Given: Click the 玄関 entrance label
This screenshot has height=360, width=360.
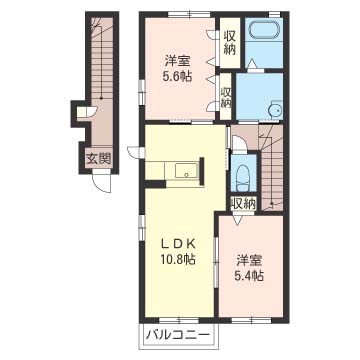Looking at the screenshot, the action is click(98, 159).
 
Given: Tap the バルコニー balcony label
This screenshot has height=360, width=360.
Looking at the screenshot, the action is click(178, 334).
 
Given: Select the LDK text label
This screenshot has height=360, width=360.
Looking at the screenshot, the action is click(178, 244).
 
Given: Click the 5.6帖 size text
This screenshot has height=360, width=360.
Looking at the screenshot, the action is click(178, 76).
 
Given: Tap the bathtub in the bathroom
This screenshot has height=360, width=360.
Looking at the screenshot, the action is click(264, 30).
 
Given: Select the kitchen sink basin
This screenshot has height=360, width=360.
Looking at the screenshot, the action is click(186, 171).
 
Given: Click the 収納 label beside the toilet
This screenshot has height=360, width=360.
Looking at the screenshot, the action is click(244, 204).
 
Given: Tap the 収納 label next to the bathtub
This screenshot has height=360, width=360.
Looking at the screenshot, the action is click(230, 42).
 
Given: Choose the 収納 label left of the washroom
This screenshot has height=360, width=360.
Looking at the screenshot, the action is click(226, 97).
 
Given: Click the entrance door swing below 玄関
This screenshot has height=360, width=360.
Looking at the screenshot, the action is click(103, 183).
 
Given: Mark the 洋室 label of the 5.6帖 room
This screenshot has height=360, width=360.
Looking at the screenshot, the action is click(178, 61).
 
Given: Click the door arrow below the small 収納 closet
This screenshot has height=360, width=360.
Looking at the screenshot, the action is click(239, 220).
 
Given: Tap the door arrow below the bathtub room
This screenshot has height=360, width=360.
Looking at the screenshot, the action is click(253, 63).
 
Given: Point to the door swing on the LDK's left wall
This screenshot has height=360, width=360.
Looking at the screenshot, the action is click(136, 153).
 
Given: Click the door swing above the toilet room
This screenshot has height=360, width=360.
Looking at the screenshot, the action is click(239, 143).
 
